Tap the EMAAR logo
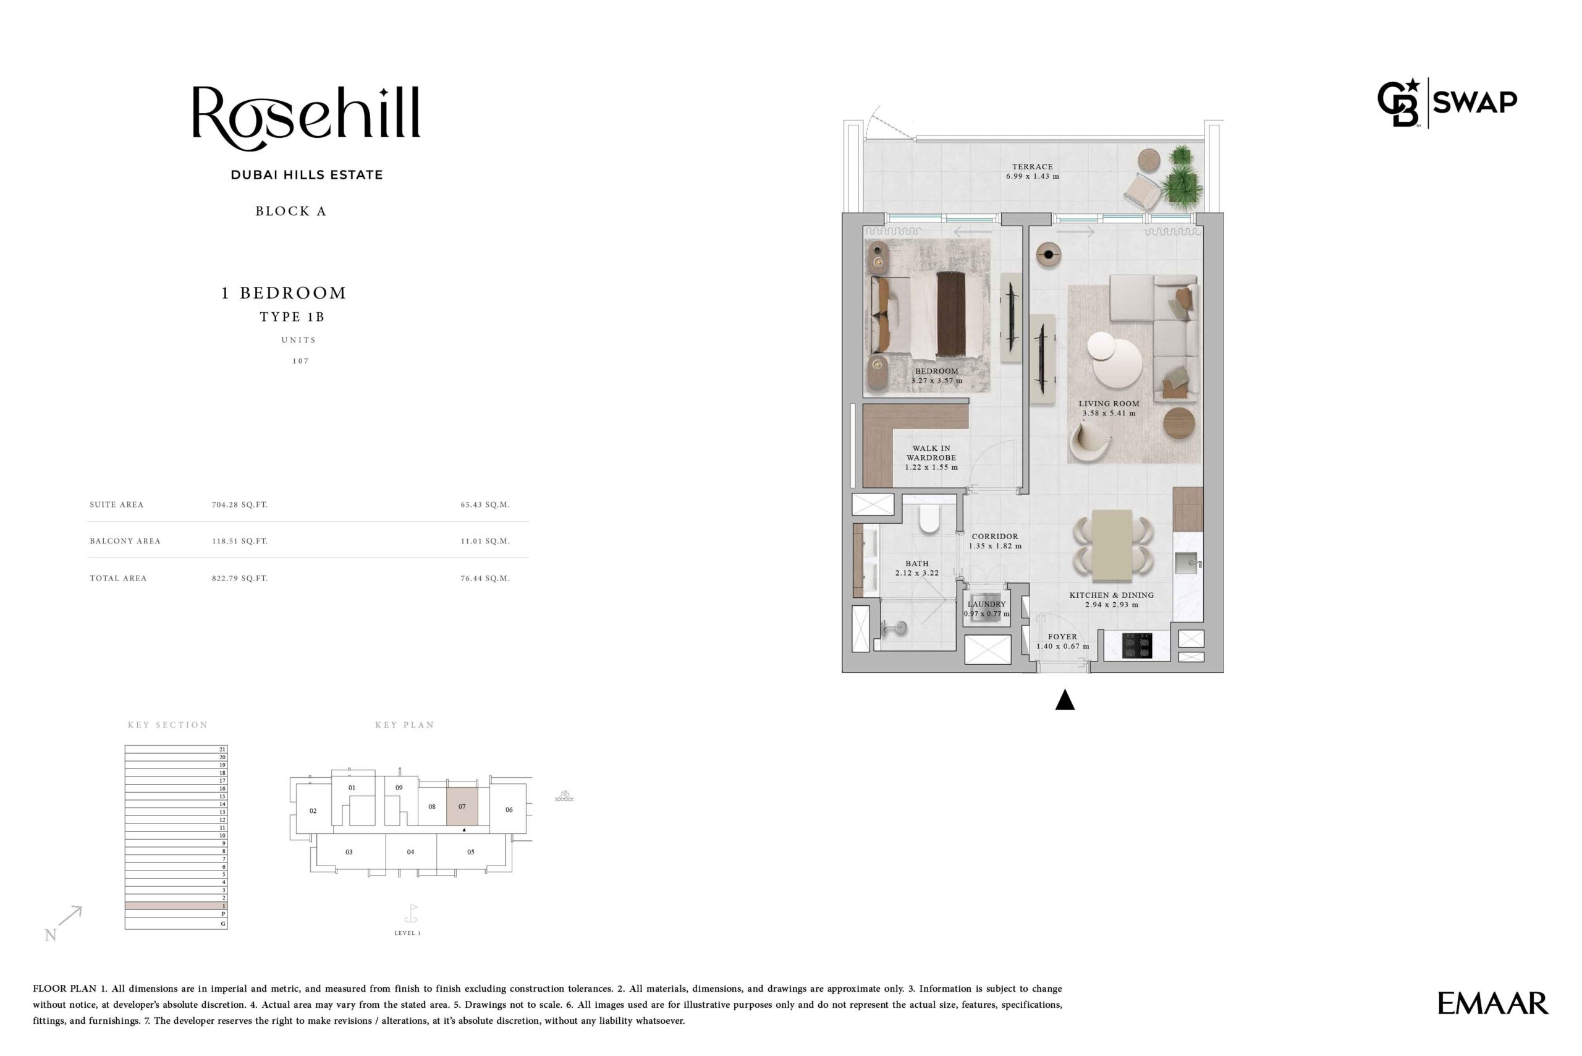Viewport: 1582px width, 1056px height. pos(1492,1003)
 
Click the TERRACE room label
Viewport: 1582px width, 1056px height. pos(1032,166)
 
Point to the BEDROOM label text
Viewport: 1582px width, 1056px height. pos(936,371)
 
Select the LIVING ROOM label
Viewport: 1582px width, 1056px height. pos(1109,403)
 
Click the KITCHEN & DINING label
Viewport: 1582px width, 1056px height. pos(1112,595)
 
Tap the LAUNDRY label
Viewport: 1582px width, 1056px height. pos(987,604)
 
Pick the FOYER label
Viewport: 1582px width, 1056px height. pos(1062,636)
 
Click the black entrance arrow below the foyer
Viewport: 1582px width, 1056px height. pos(1064,700)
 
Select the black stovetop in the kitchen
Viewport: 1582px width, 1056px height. pos(1137,645)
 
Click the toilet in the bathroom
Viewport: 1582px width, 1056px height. pos(929,519)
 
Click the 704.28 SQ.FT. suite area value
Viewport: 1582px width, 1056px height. pos(240,505)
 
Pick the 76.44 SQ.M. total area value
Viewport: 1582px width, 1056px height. pos(485,578)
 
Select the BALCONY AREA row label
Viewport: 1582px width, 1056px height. pos(125,541)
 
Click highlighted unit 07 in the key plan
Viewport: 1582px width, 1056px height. pos(462,806)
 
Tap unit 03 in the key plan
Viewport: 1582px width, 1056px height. pos(349,853)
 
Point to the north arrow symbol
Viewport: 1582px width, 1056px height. pos(70,916)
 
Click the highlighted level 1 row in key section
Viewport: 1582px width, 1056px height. pos(176,906)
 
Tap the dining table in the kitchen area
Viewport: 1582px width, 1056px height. pos(1112,545)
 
